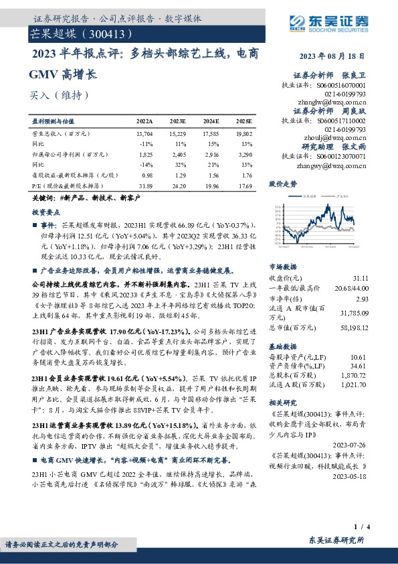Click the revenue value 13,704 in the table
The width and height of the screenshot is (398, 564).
[144, 135]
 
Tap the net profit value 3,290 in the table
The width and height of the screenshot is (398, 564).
[244, 154]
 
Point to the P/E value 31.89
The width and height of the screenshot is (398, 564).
[144, 185]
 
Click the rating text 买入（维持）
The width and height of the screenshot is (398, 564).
[59, 95]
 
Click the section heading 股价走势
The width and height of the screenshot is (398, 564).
[282, 183]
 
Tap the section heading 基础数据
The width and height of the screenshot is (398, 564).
[282, 346]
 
